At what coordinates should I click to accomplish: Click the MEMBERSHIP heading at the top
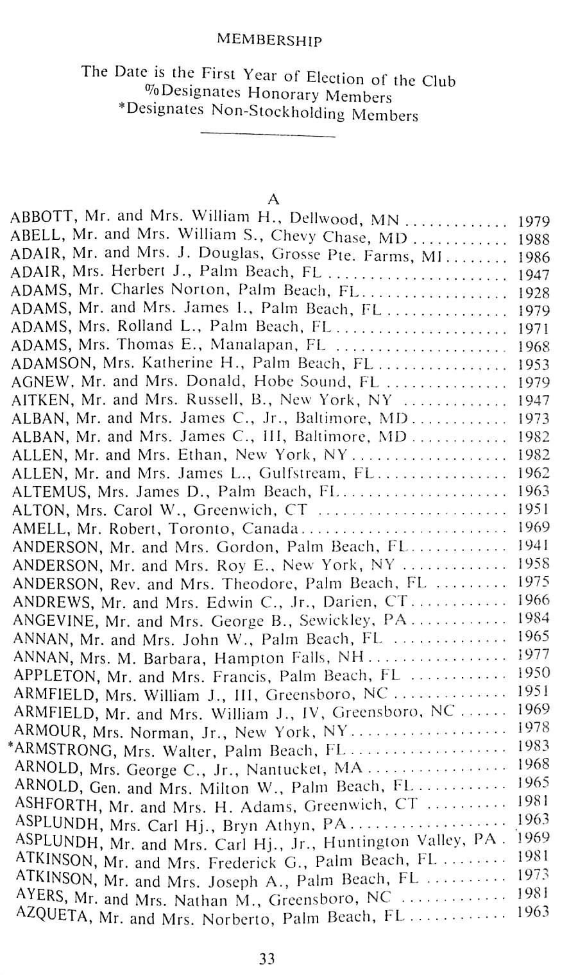(269, 40)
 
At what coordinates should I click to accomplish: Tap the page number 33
(267, 959)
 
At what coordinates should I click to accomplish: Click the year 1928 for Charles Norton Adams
(533, 293)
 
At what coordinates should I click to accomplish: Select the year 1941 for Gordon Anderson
(533, 546)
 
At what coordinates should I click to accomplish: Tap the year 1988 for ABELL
(533, 239)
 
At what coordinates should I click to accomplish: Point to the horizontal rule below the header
(268, 135)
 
